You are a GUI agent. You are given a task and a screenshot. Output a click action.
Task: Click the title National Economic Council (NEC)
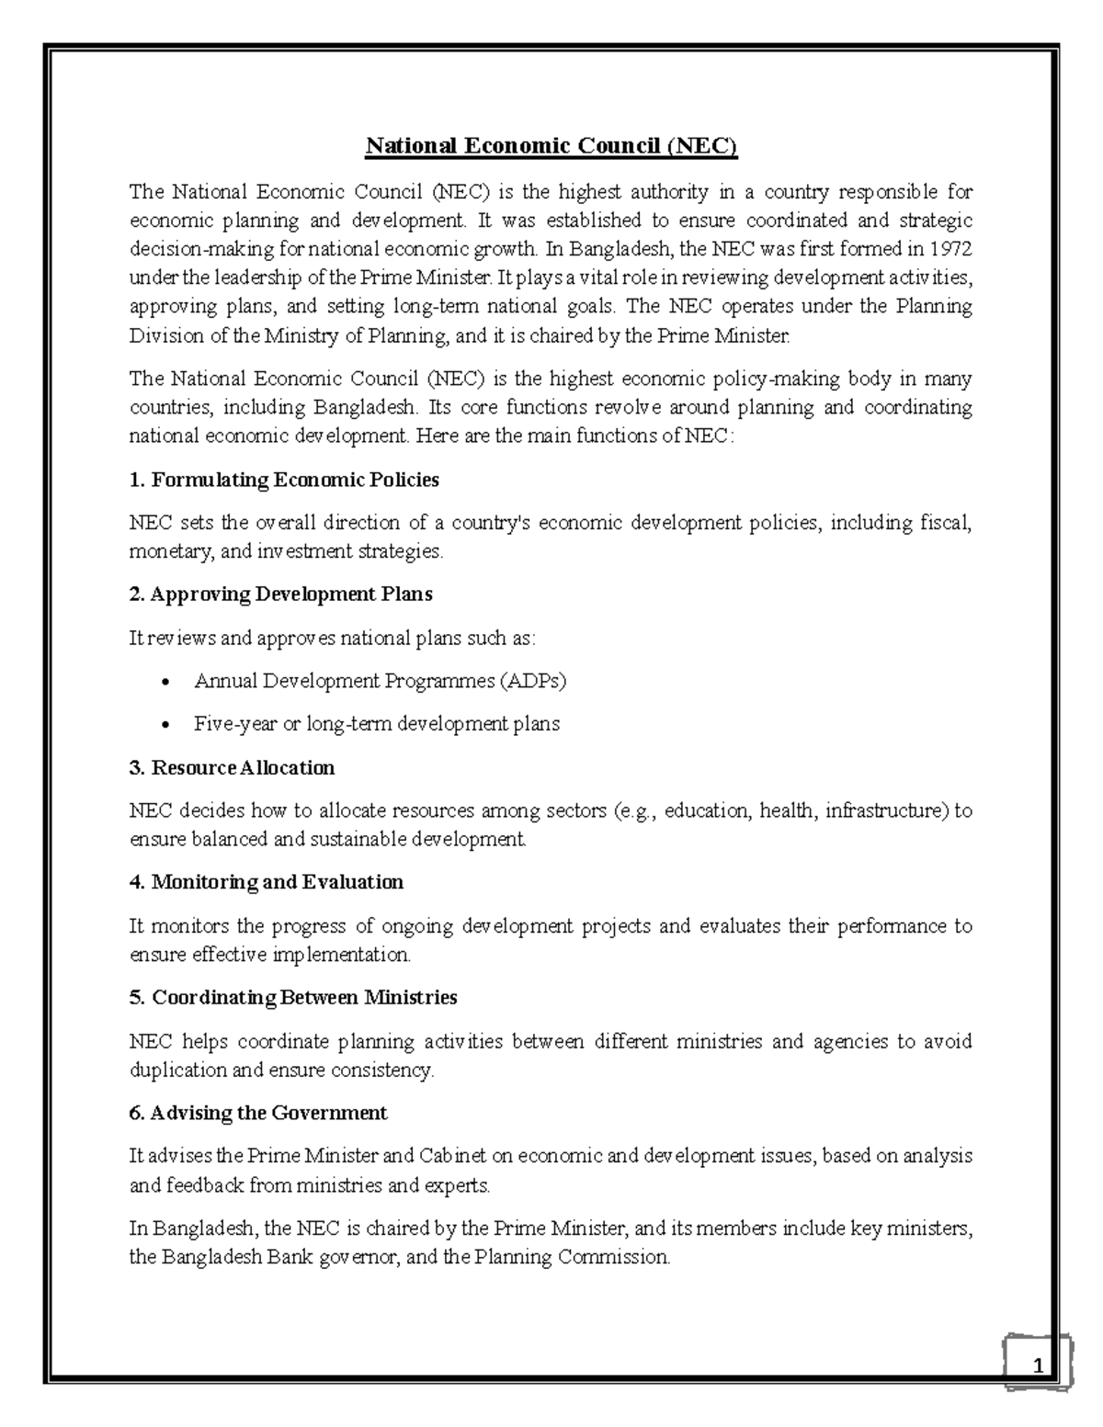[551, 146]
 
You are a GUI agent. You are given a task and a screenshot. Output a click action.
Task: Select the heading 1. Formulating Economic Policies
[284, 480]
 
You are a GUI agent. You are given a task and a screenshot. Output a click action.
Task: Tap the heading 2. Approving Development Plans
[280, 595]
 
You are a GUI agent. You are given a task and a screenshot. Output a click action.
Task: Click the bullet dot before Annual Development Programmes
[165, 683]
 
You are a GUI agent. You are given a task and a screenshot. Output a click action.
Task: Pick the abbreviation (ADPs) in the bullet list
[533, 681]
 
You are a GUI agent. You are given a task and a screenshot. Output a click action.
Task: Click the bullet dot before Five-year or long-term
[165, 726]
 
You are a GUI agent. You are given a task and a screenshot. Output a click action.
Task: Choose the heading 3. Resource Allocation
[232, 767]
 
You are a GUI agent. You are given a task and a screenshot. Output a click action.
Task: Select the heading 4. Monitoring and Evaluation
[266, 882]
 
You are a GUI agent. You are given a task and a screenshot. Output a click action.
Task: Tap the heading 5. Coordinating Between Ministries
[292, 997]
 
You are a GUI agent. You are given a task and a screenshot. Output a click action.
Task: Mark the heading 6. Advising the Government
[257, 1113]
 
